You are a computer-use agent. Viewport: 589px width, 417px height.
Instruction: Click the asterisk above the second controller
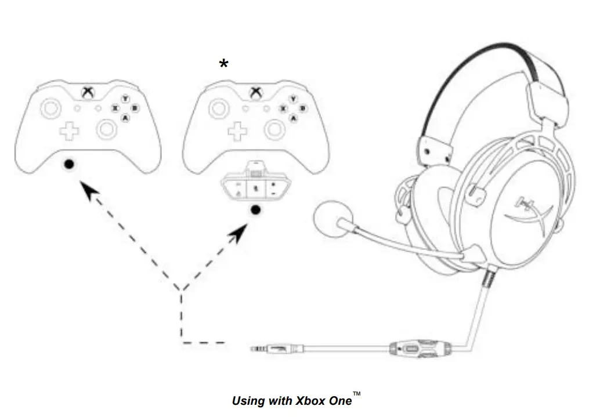click(x=224, y=64)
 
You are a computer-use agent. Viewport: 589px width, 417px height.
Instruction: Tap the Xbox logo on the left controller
click(x=88, y=92)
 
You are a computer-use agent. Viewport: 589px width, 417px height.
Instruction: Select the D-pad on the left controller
click(x=70, y=131)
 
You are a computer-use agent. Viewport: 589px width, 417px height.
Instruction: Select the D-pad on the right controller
click(x=237, y=131)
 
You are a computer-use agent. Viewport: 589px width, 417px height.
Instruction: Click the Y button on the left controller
click(x=125, y=99)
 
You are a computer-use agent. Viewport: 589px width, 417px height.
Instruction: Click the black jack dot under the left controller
click(x=69, y=164)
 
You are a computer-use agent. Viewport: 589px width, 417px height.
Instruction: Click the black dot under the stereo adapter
click(x=254, y=209)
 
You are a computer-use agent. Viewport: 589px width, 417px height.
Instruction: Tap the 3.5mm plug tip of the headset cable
click(x=255, y=349)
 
